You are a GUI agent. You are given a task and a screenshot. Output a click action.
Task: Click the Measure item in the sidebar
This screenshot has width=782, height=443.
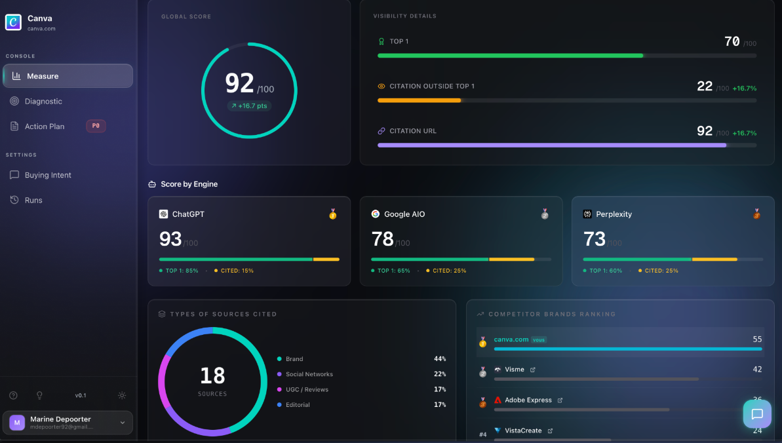(68, 76)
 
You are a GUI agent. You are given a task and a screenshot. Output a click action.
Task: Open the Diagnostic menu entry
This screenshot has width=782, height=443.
(43, 102)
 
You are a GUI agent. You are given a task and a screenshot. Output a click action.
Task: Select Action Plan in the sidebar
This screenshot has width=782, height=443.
(45, 126)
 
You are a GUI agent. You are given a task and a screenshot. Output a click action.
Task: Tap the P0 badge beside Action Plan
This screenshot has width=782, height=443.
(96, 126)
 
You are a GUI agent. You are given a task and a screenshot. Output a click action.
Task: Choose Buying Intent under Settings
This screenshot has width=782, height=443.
(48, 175)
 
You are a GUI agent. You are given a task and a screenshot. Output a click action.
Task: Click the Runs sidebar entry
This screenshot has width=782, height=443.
(33, 201)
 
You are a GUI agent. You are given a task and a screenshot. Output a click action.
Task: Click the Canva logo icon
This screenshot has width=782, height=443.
(13, 22)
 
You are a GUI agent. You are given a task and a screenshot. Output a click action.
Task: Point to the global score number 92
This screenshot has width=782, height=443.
(240, 83)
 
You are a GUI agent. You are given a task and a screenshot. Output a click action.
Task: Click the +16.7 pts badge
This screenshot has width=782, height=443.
(249, 106)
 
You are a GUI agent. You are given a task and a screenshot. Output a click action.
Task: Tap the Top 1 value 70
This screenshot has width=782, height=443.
(732, 42)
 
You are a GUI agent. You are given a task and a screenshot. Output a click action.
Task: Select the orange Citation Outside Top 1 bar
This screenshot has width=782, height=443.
(420, 100)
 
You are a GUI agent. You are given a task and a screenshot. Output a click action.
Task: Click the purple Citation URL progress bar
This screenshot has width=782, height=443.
(552, 145)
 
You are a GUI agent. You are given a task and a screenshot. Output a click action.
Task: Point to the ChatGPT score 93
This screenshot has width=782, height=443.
(170, 239)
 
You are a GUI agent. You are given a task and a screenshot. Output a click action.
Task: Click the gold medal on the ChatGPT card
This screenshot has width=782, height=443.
(333, 214)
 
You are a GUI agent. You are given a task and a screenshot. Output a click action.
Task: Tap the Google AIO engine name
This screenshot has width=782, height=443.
(404, 214)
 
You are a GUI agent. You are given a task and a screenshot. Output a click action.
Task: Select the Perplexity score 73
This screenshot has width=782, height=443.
(594, 239)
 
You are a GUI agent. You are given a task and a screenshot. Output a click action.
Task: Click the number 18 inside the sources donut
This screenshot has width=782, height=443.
(212, 376)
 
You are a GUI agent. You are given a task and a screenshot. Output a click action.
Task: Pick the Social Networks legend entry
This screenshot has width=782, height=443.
(309, 374)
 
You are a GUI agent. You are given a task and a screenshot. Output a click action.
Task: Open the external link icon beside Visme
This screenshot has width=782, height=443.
(532, 370)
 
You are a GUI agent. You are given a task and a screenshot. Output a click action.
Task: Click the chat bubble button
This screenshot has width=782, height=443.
(757, 414)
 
